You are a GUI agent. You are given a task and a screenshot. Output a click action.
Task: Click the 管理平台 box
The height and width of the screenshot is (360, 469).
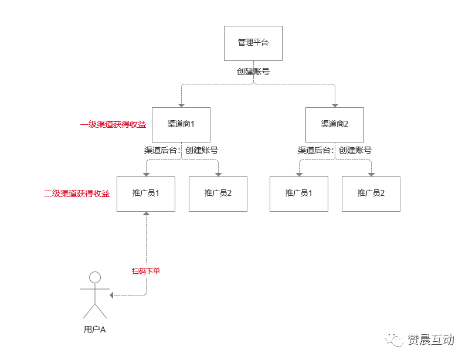point(253,43)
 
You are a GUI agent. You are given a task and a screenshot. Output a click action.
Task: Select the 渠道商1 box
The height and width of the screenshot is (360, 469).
point(181,124)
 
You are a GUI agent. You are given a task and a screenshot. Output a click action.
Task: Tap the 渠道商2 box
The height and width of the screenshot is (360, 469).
point(335,124)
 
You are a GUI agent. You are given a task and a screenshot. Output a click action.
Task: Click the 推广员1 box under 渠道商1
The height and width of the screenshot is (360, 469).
point(146,193)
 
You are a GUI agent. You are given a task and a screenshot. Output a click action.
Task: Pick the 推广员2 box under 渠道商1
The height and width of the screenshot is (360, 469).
point(218,193)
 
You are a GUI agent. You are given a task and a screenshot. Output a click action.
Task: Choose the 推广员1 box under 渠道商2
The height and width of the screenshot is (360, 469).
point(299,193)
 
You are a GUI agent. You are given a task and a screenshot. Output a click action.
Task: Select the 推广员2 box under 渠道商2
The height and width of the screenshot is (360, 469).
point(371,193)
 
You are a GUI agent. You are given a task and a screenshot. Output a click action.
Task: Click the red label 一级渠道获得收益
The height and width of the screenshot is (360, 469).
point(113,124)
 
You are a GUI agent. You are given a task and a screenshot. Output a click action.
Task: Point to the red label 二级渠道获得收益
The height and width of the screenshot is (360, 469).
point(77,193)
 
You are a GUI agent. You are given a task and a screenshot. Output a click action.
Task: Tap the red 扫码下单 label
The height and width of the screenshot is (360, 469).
point(146,271)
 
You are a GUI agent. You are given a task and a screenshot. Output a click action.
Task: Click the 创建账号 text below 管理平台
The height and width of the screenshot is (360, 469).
point(253,72)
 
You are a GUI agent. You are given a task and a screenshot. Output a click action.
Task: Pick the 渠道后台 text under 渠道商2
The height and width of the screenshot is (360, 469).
point(315,150)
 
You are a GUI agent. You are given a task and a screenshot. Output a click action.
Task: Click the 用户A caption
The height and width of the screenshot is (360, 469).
point(94,330)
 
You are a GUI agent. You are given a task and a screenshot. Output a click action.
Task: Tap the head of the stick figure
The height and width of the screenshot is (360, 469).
point(94,277)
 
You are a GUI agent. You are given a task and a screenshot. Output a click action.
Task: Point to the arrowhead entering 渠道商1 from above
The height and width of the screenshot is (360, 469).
point(181,105)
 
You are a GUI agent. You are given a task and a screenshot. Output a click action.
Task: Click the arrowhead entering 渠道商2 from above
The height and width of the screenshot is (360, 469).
point(335,105)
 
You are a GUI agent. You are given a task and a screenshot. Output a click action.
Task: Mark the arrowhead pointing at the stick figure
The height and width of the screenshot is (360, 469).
point(113,295)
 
